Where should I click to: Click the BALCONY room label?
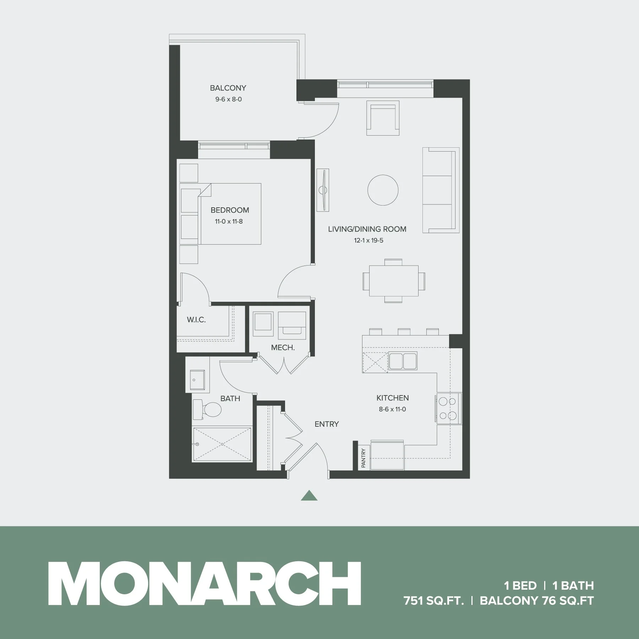[228, 88]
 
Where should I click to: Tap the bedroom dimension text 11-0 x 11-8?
[229, 222]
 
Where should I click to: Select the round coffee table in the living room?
[383, 190]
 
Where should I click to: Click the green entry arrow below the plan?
[309, 496]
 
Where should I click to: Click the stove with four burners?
[447, 409]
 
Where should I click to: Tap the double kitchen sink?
[403, 361]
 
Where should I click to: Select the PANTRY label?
[363, 458]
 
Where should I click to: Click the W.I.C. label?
[196, 320]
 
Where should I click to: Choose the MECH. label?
[283, 348]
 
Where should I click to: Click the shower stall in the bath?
[222, 444]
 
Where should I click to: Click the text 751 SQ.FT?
[434, 601]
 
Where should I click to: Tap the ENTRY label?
[327, 424]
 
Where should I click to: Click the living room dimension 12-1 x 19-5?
[368, 240]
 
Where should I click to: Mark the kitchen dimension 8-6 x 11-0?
[392, 409]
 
